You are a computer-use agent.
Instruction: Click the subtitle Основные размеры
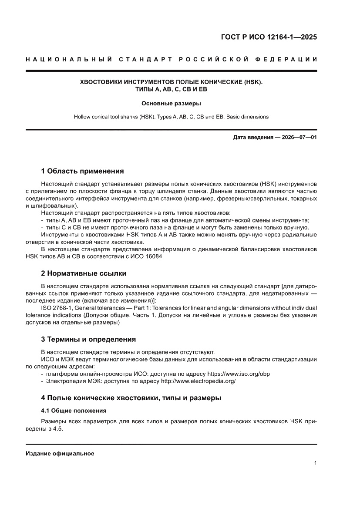[171, 104]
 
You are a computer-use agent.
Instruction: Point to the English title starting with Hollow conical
[171, 117]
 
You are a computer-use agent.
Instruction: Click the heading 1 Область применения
[82, 171]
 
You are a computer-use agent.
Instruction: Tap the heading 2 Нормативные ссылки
[84, 273]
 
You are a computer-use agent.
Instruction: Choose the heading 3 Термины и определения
[88, 339]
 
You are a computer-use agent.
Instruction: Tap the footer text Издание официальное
[60, 454]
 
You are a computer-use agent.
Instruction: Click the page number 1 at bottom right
[315, 463]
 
